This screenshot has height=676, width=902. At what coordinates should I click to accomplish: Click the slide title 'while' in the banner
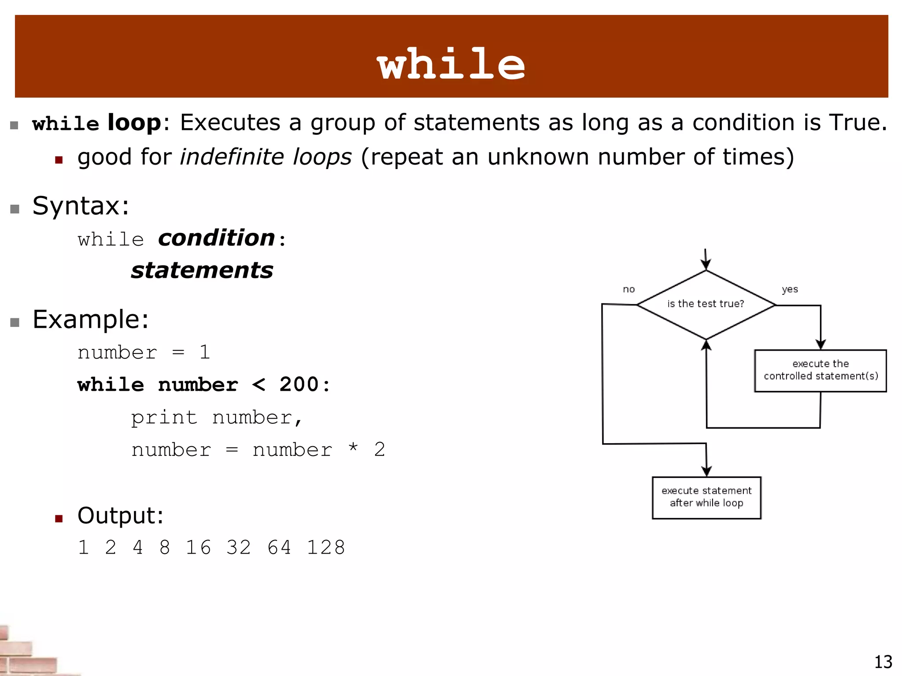(x=451, y=64)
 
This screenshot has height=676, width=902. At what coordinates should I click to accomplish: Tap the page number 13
(x=883, y=662)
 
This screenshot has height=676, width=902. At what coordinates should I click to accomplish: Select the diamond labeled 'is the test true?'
(x=706, y=304)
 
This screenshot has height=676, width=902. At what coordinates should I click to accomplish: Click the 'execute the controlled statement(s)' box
(x=820, y=370)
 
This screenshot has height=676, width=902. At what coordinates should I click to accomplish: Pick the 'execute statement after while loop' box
(x=706, y=497)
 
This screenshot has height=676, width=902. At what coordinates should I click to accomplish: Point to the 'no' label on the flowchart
(x=628, y=289)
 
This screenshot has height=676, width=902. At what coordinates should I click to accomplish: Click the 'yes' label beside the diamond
(x=790, y=289)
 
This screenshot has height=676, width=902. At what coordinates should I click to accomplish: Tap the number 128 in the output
(x=326, y=547)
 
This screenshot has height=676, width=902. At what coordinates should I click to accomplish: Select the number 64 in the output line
(x=279, y=547)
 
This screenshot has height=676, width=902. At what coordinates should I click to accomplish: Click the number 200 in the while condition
(x=299, y=384)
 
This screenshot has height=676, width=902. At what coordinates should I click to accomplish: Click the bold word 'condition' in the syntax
(x=217, y=238)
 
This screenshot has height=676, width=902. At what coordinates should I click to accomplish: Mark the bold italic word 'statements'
(x=202, y=270)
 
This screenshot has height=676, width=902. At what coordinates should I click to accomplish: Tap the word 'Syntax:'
(x=81, y=206)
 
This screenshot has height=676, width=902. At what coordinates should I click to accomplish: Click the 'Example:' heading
(x=91, y=319)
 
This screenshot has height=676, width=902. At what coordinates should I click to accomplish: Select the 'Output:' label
(x=120, y=515)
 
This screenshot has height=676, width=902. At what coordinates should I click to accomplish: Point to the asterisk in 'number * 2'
(x=353, y=448)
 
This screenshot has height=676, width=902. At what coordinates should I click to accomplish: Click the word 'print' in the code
(x=164, y=417)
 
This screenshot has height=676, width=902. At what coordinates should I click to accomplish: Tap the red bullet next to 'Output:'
(x=59, y=518)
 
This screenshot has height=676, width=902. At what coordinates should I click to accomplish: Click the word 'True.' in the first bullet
(x=858, y=122)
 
